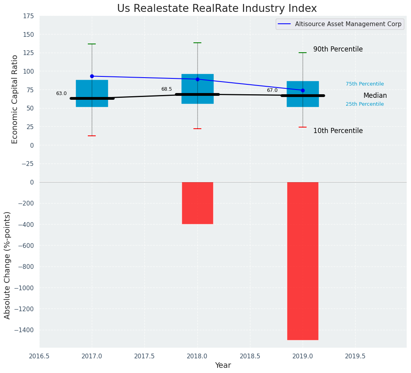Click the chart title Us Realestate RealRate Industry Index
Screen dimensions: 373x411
tap(217, 9)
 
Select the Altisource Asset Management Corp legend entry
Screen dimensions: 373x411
tap(340, 24)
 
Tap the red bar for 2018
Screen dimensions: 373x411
tap(197, 203)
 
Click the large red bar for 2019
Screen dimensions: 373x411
tap(303, 261)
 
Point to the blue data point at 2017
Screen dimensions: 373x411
tap(92, 76)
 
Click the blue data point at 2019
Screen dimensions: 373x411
tap(303, 90)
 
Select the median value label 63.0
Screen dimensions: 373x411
tap(61, 94)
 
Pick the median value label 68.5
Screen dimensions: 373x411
tap(167, 89)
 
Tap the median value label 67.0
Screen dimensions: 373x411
tap(272, 91)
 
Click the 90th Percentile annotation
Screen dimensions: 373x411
tap(338, 49)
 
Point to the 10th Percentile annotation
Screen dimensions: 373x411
tap(338, 131)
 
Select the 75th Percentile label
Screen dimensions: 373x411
tap(365, 84)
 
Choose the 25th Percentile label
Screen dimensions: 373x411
tap(365, 104)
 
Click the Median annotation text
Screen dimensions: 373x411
tap(375, 96)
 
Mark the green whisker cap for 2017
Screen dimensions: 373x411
tap(92, 44)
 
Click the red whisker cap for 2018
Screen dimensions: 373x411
tap(197, 129)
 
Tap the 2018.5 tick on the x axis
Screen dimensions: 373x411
tap(250, 356)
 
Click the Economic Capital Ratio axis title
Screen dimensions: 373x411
tap(15, 99)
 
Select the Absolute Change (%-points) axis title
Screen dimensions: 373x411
tap(8, 265)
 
